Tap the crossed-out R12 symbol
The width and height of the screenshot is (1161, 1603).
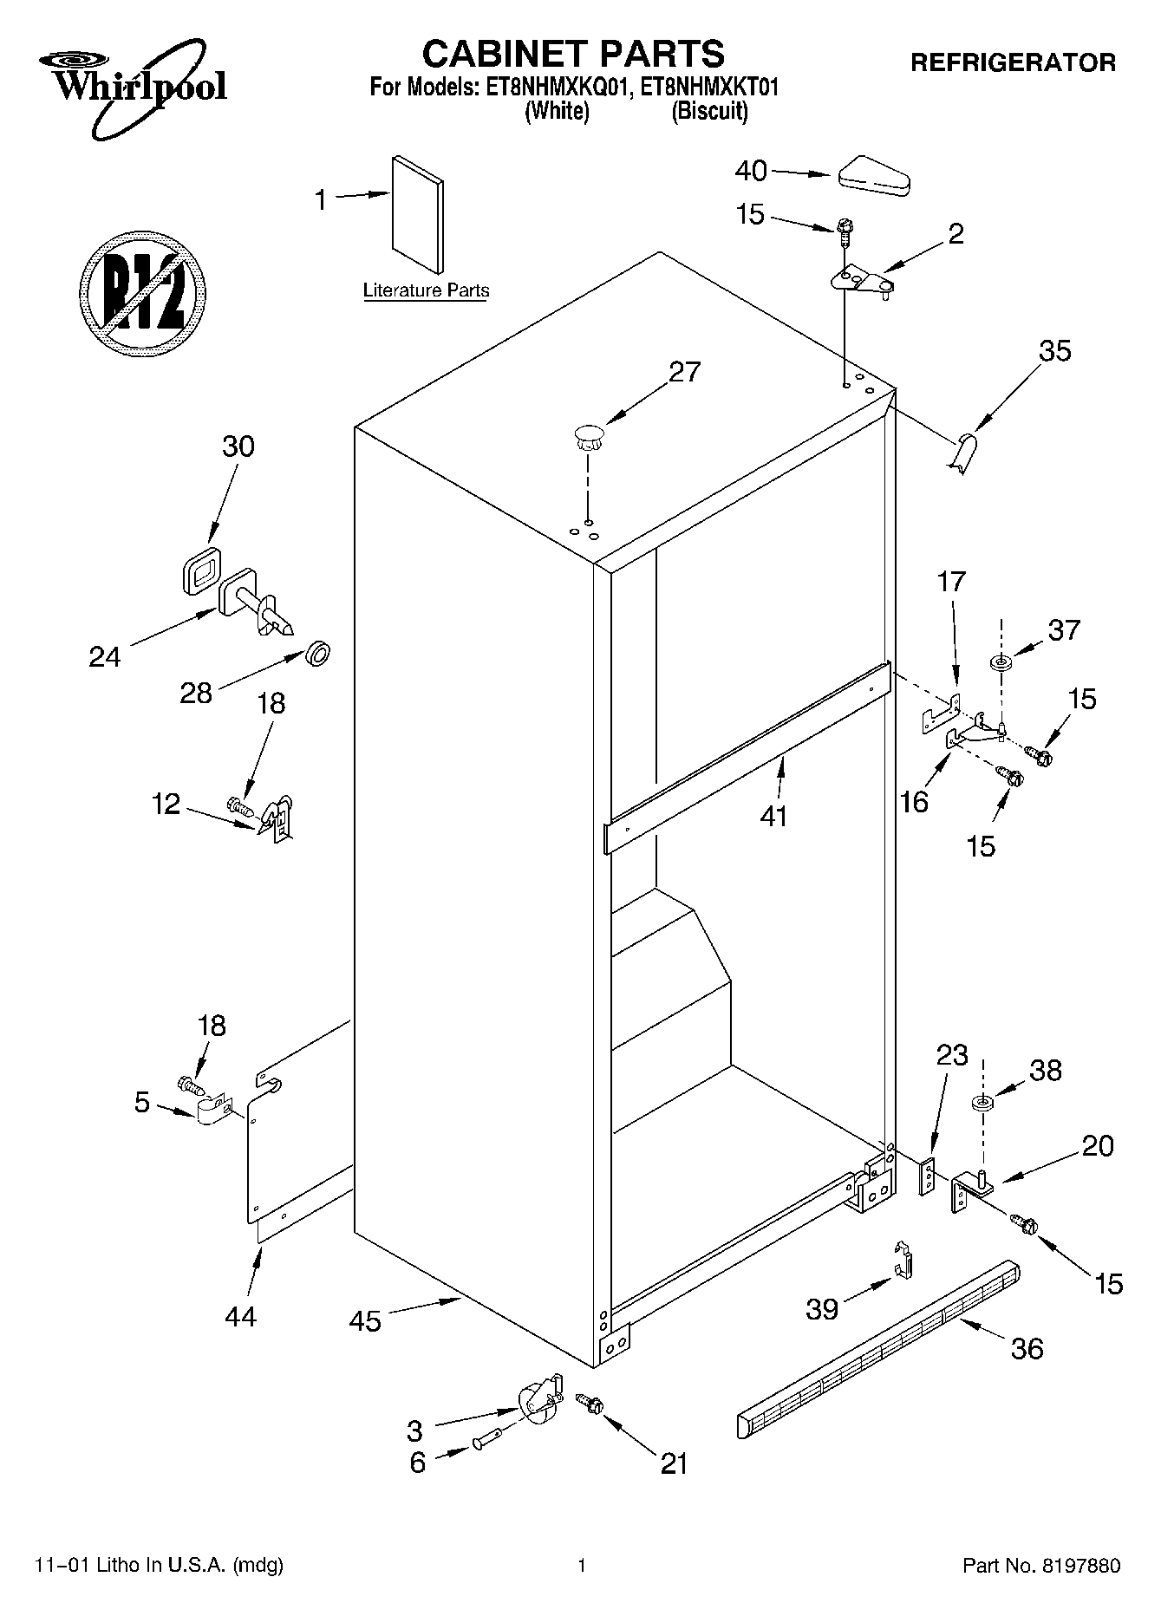142,291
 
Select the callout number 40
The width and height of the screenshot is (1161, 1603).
751,172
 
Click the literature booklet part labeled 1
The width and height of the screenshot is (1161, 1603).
417,215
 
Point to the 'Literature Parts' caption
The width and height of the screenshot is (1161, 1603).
426,290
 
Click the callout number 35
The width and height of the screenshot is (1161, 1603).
1055,351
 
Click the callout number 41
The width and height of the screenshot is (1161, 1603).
773,816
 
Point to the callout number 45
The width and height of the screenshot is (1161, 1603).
365,1321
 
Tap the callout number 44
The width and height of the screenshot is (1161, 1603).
240,1316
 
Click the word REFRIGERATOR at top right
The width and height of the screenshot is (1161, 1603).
1012,62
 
